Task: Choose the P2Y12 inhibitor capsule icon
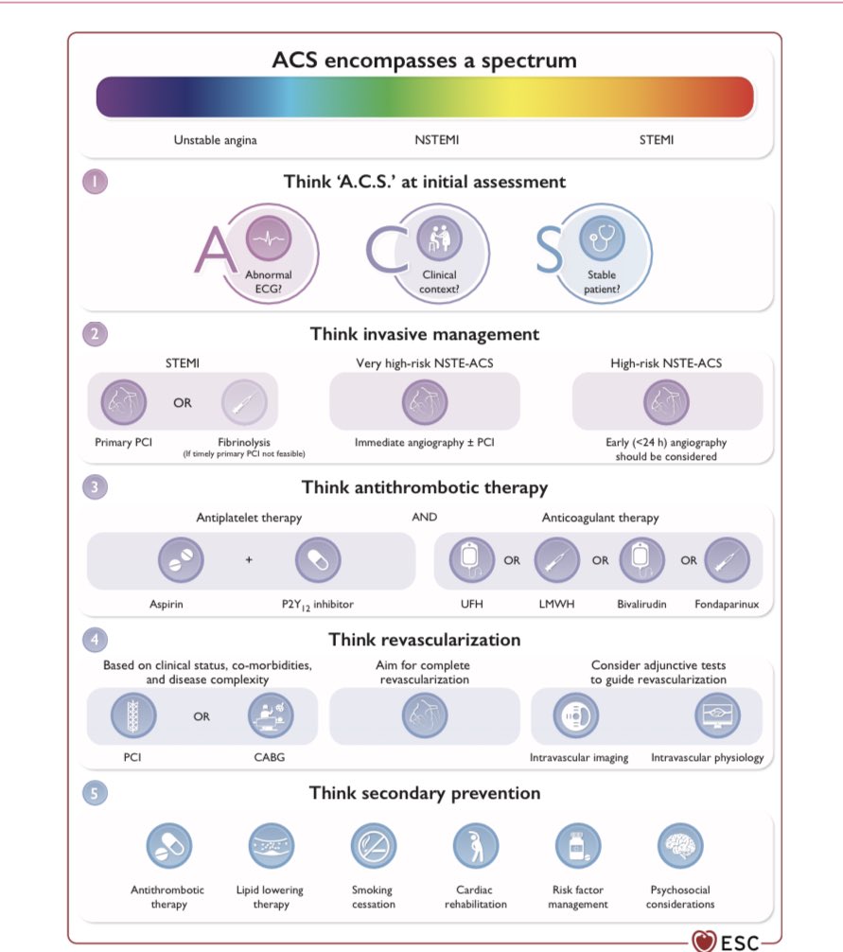[x=317, y=558]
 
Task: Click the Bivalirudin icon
[x=641, y=560]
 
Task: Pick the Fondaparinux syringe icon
[x=728, y=560]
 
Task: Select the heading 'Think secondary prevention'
[x=424, y=793]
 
